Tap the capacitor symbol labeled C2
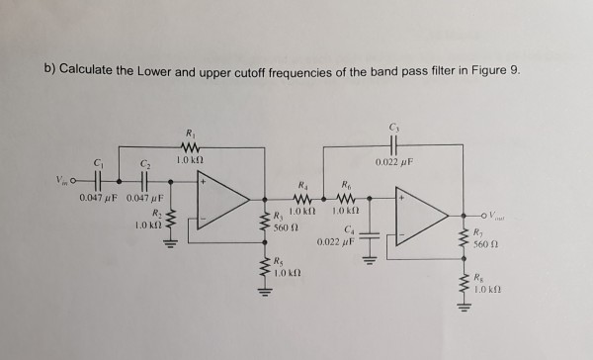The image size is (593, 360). tap(146, 182)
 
